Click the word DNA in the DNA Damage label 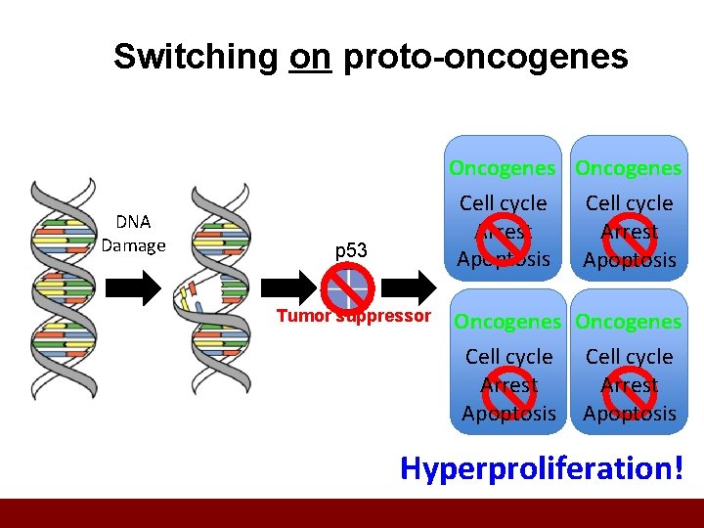133,222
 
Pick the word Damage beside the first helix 133,245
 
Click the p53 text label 351,251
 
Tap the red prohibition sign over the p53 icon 350,287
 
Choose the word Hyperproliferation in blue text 535,468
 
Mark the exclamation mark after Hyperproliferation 677,467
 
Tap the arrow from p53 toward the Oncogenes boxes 416,286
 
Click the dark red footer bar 352,513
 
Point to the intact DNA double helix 64,288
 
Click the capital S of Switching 124,57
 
